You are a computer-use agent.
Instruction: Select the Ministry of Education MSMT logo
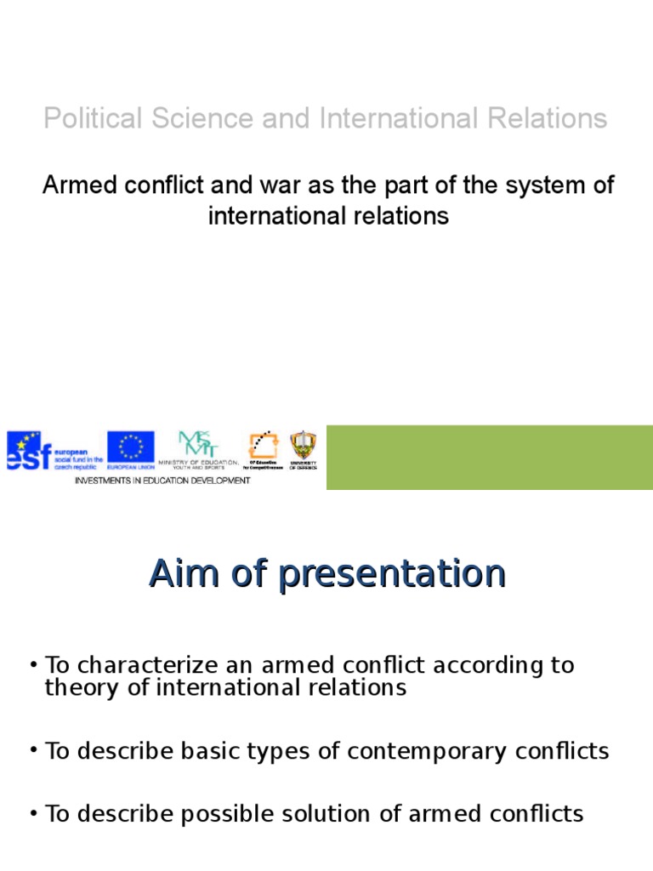pos(197,444)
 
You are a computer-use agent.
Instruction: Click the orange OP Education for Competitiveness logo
pos(263,446)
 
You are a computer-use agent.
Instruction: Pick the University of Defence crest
pos(302,445)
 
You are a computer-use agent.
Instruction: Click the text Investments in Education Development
pos(162,481)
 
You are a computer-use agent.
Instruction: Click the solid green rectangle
pos(489,457)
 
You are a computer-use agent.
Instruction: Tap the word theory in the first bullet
pos(78,687)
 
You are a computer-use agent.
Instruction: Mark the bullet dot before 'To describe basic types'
pos(32,752)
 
